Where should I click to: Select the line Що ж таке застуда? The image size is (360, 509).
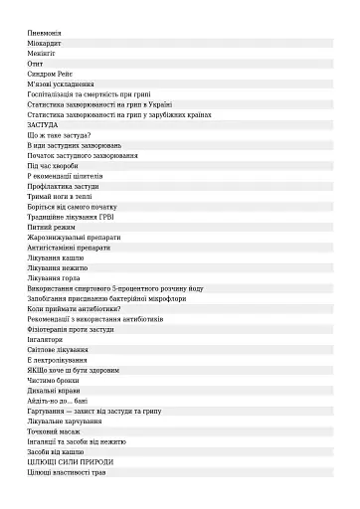60,135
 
